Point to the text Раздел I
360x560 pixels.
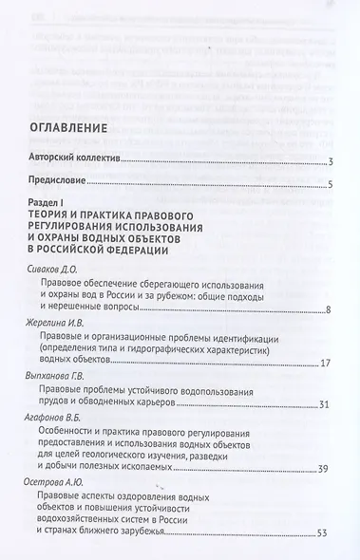[56, 202]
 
